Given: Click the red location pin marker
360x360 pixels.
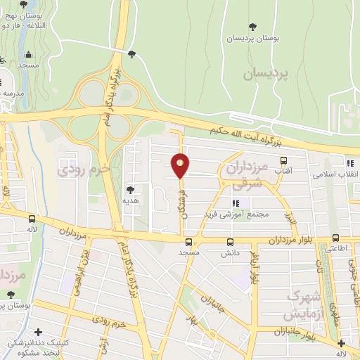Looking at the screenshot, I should (x=181, y=166).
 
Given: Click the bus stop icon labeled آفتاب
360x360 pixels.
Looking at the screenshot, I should (x=284, y=160).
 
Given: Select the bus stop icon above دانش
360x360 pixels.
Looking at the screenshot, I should (x=230, y=240).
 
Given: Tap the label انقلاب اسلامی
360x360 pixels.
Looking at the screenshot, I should (x=335, y=173).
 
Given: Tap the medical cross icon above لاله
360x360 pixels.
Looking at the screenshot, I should (x=341, y=343).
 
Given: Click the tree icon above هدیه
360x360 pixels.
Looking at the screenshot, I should (x=129, y=189).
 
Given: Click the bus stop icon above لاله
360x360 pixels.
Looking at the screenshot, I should (x=31, y=219).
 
